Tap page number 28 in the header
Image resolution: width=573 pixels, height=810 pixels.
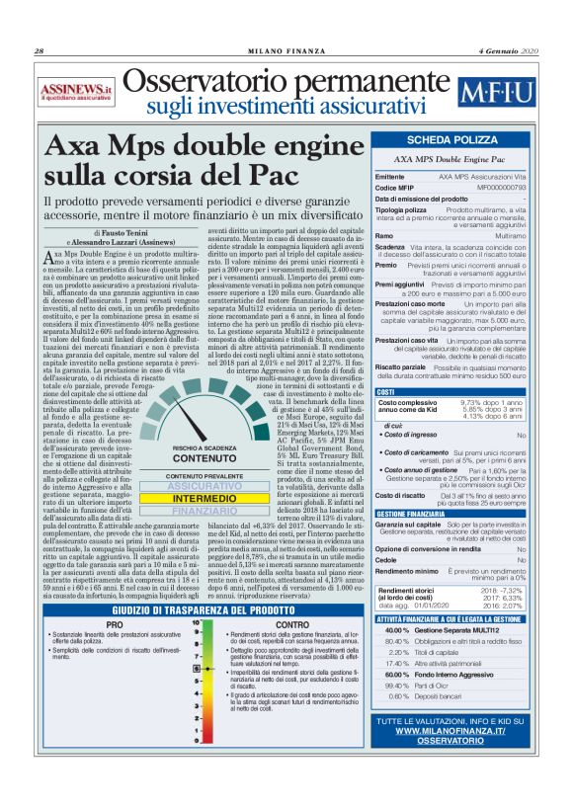[40, 51]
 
